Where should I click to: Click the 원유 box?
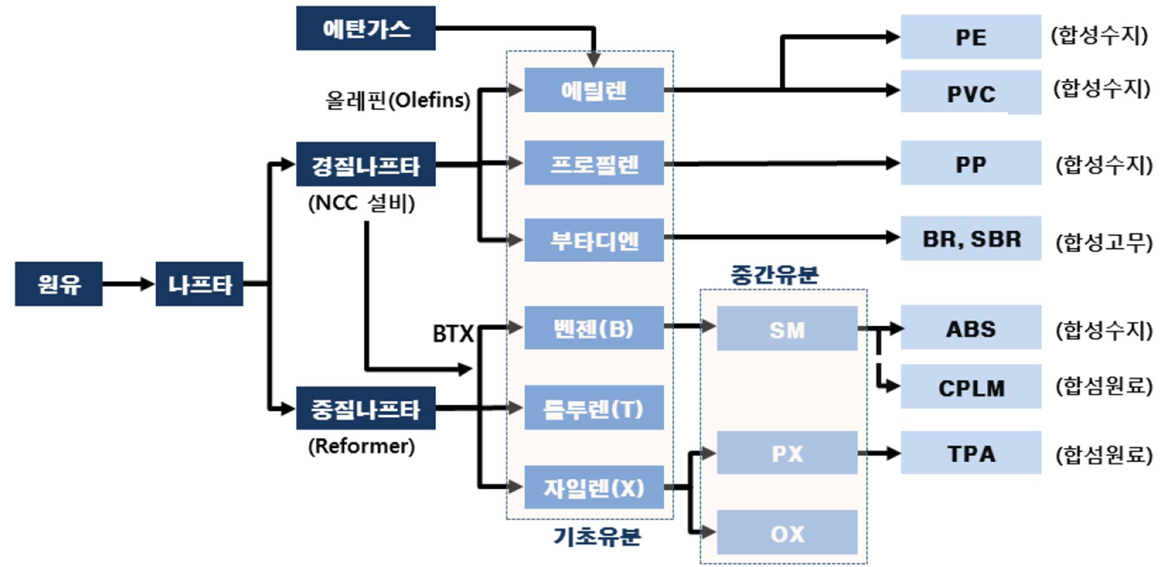point(59,283)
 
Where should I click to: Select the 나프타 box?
point(199,283)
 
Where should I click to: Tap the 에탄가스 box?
point(365,28)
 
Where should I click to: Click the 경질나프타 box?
point(365,165)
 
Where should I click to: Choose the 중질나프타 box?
point(365,409)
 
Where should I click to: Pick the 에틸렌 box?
point(594,90)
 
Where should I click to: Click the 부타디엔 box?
point(594,239)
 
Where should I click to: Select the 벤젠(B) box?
point(594,328)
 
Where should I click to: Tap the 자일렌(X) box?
point(594,488)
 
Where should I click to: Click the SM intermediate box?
point(787,329)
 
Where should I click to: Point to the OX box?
point(787,532)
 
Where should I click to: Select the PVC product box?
point(971,93)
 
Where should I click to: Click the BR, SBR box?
point(971,238)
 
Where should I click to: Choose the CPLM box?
point(971,387)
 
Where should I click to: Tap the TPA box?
point(971,453)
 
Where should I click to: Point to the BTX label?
point(453,333)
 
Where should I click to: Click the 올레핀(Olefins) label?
point(398,100)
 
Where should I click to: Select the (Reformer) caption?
point(361,446)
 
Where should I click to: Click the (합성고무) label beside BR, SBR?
point(1103,242)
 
